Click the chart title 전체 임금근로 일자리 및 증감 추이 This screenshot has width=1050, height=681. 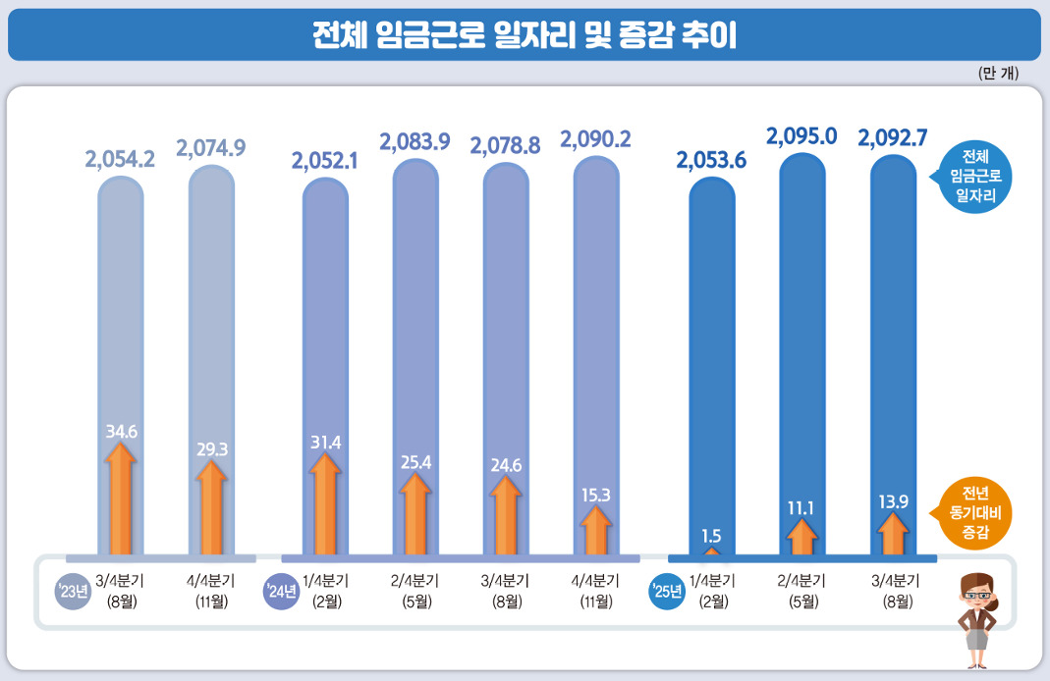(x=524, y=34)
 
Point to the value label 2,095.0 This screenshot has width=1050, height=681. (x=801, y=136)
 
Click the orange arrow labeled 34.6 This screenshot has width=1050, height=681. (x=121, y=500)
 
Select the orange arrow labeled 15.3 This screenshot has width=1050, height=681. (x=595, y=533)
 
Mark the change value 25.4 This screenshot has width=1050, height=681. (x=415, y=460)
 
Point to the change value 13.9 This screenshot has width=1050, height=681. (x=893, y=502)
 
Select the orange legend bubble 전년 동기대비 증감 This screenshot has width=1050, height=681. (x=975, y=512)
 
